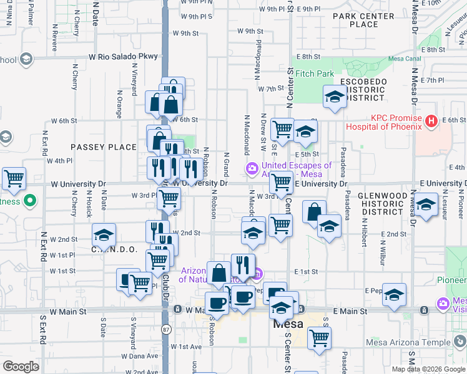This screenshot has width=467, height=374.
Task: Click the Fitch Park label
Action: (x=315, y=74)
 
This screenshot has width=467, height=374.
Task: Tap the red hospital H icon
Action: (x=430, y=122)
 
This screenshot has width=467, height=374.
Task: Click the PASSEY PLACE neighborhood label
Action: (x=103, y=147)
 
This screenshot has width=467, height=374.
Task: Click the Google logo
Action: (x=21, y=367)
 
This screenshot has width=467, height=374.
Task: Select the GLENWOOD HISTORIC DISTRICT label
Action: (x=381, y=203)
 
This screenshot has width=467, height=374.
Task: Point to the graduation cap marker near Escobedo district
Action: (x=335, y=97)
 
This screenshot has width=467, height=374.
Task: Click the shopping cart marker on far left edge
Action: (x=14, y=179)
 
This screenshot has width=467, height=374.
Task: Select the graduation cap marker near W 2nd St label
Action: (x=104, y=235)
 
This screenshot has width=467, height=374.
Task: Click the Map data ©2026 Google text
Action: (x=428, y=368)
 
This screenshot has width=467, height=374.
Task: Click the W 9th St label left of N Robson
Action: (x=185, y=32)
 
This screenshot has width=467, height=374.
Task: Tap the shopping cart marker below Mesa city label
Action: (x=319, y=337)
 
